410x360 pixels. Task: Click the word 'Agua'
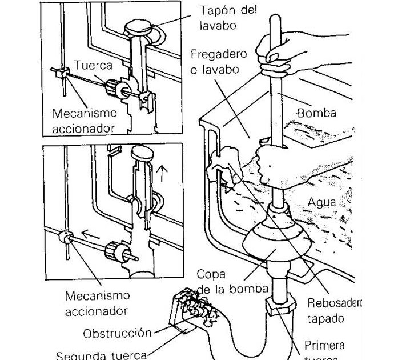[x=322, y=202]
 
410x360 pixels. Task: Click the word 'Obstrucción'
[x=117, y=333]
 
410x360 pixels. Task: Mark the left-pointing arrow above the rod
[x=88, y=234]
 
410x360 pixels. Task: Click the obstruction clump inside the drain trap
[x=196, y=302]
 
